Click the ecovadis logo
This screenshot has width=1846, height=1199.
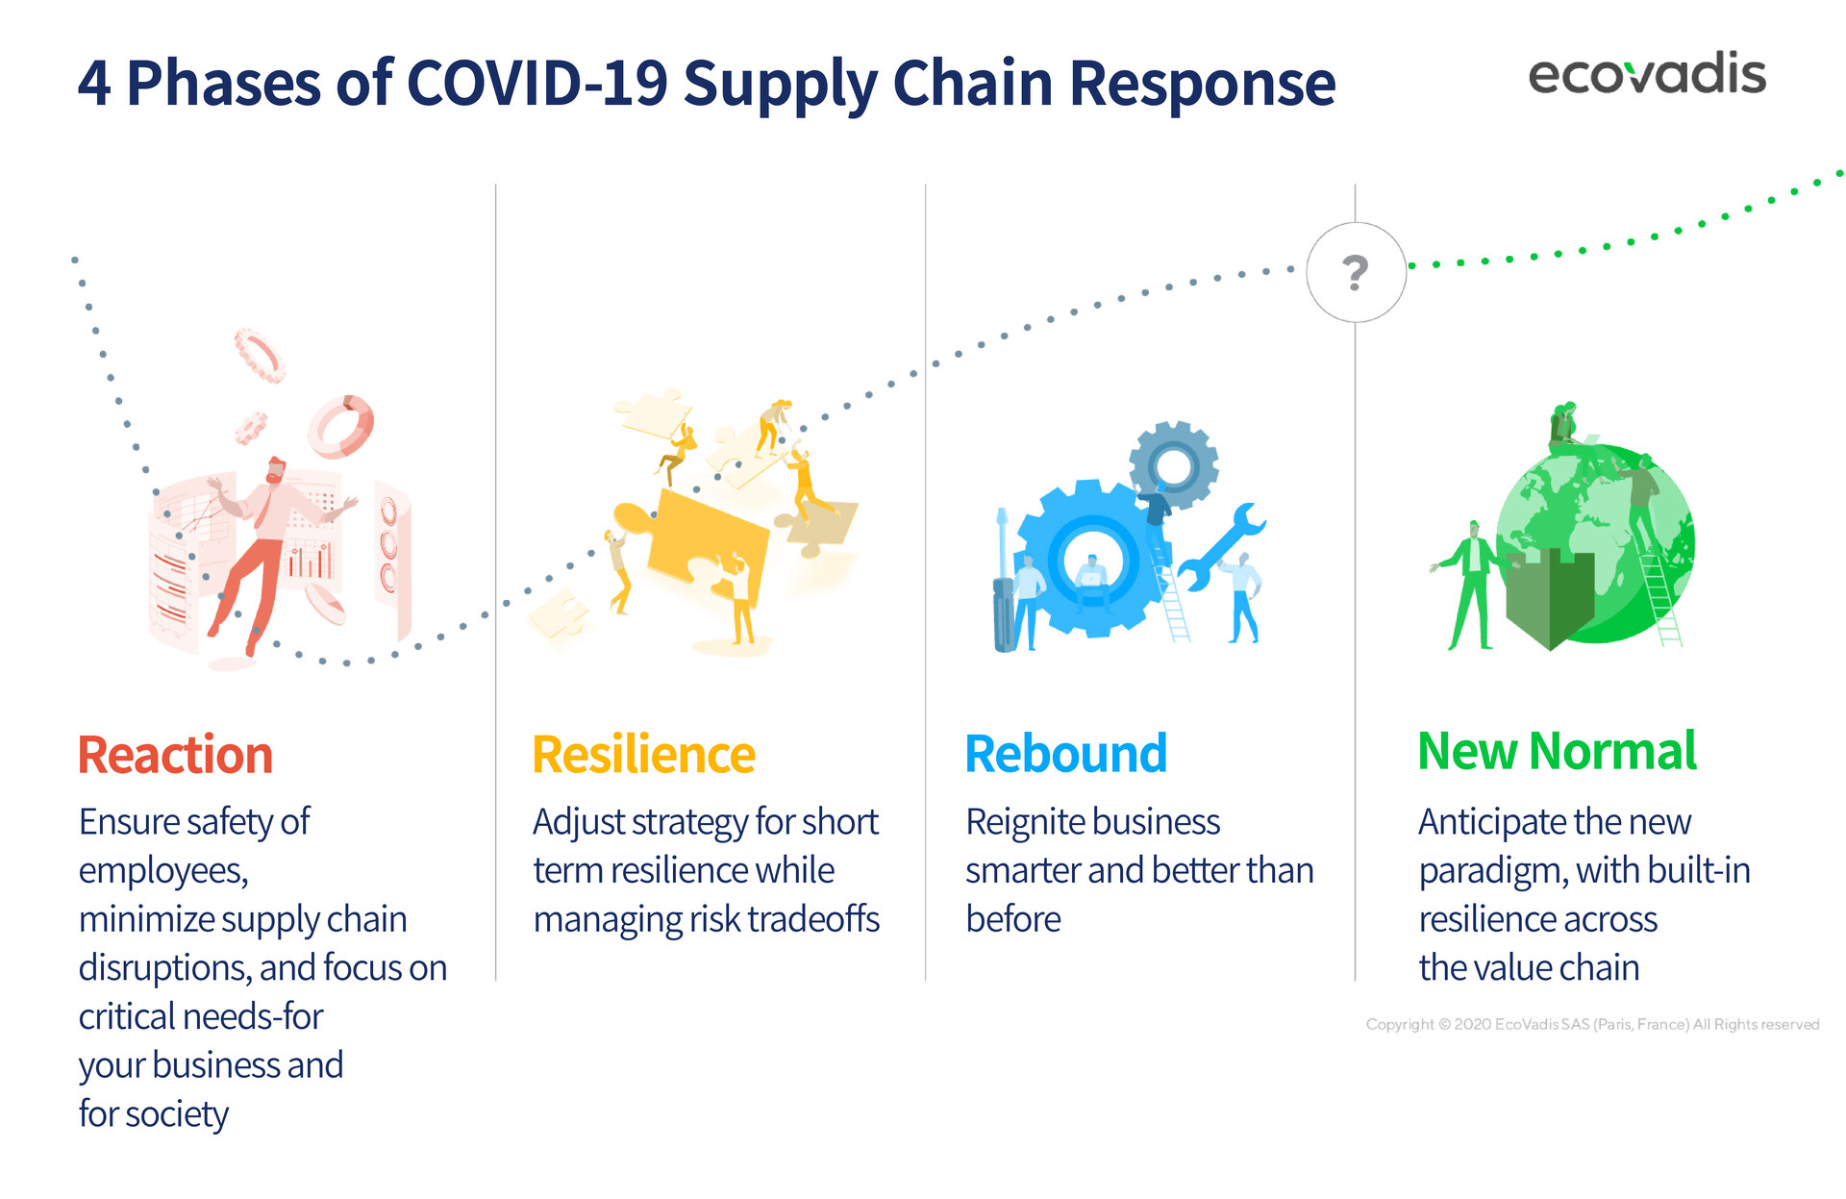pyautogui.click(x=1647, y=74)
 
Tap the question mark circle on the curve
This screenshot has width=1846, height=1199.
pyautogui.click(x=1356, y=272)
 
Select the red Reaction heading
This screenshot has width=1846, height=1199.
pyautogui.click(x=175, y=755)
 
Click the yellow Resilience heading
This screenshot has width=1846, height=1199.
pyautogui.click(x=643, y=755)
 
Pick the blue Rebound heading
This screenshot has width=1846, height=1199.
pyautogui.click(x=1065, y=754)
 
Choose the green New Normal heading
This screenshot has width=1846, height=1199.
pyautogui.click(x=1558, y=751)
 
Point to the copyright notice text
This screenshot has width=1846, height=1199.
pyautogui.click(x=1592, y=1024)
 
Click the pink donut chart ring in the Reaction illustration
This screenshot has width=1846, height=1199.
pyautogui.click(x=340, y=426)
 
